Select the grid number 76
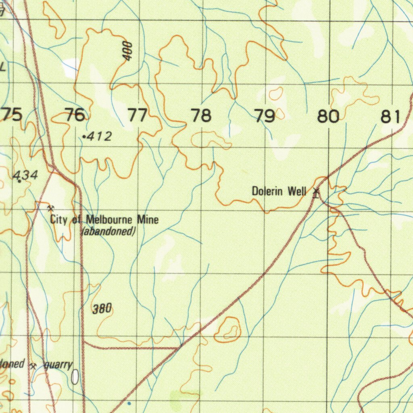(75, 115)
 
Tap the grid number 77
(138, 116)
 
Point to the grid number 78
(201, 116)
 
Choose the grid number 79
(265, 116)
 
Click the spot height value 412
(99, 137)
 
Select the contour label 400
(128, 52)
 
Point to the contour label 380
(102, 309)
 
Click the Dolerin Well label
(279, 191)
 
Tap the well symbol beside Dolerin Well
(316, 192)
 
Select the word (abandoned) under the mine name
(108, 232)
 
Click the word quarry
(58, 365)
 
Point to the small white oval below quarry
(75, 377)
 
